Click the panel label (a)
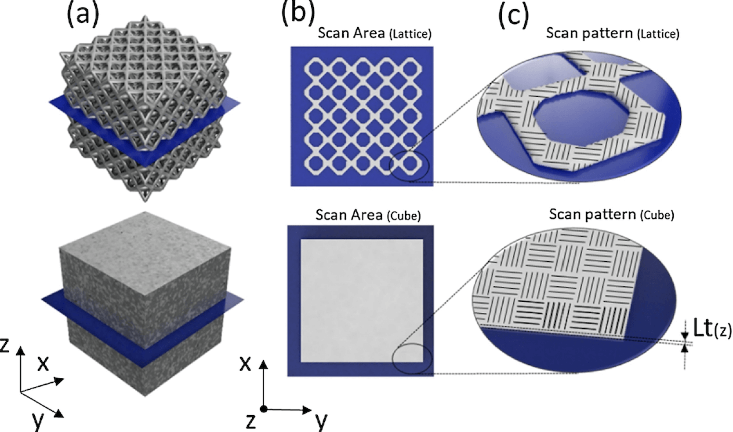point(83,15)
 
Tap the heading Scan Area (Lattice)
point(375,33)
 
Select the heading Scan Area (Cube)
point(368,215)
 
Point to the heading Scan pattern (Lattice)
point(613,33)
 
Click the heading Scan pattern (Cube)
point(611,214)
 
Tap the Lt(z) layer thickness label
point(712,329)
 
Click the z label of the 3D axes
point(4,345)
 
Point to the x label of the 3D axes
point(43,363)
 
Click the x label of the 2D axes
point(245,363)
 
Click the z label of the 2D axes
point(250,422)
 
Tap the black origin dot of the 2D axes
point(264,409)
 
